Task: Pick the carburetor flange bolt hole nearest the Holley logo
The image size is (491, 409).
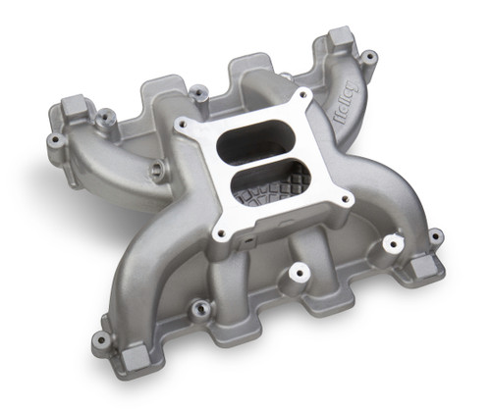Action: pyautogui.click(x=302, y=97)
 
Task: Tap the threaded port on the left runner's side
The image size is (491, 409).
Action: pyautogui.click(x=157, y=172)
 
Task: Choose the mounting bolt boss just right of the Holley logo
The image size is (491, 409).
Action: pyautogui.click(x=369, y=57)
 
